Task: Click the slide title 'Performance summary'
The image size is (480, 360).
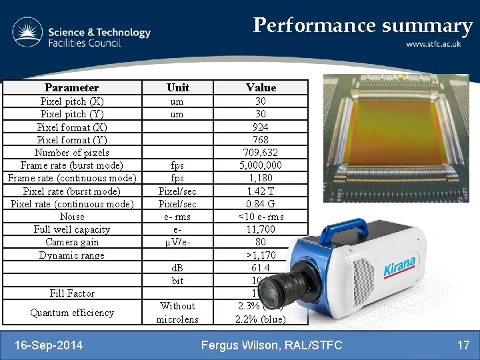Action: [x=363, y=25]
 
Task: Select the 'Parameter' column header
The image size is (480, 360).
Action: [x=71, y=87]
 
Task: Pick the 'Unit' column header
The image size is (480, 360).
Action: [x=178, y=87]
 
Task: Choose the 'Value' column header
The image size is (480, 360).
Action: [x=261, y=87]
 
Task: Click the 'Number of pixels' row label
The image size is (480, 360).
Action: [x=72, y=153]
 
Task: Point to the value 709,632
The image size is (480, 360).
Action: [x=261, y=153]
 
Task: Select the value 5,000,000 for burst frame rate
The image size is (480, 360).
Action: [x=261, y=165]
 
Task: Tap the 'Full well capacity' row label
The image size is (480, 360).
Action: [x=72, y=229]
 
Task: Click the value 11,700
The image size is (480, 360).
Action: [x=261, y=229]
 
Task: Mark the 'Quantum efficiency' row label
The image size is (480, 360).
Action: [x=72, y=313]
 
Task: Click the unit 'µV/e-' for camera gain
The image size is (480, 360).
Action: [x=178, y=242]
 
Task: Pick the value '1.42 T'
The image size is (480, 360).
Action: [x=261, y=191]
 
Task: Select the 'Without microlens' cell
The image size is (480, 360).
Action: [x=178, y=313]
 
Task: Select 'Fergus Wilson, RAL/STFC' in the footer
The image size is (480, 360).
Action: [x=272, y=345]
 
